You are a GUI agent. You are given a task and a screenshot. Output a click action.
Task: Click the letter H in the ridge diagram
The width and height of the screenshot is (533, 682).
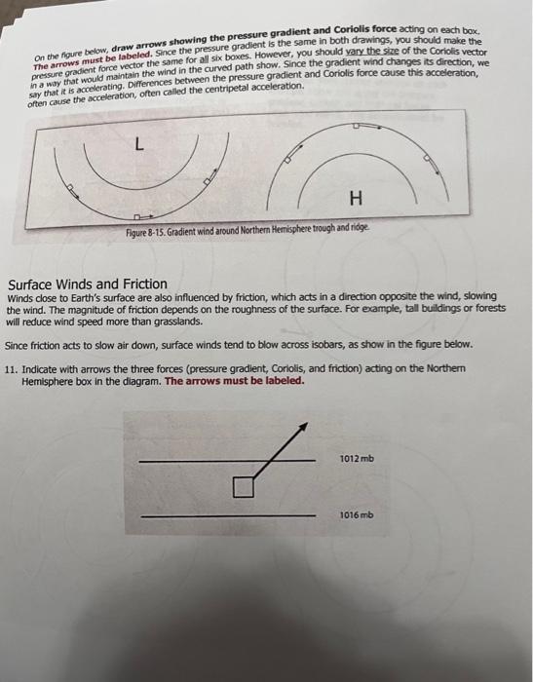pyautogui.click(x=356, y=199)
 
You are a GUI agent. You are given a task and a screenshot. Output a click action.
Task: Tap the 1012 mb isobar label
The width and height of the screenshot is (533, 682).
pyautogui.click(x=358, y=458)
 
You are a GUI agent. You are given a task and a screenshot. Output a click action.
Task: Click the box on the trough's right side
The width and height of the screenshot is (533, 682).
pyautogui.click(x=207, y=182)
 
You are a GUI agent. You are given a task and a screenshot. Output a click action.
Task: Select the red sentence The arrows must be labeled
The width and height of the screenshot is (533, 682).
pyautogui.click(x=234, y=382)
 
